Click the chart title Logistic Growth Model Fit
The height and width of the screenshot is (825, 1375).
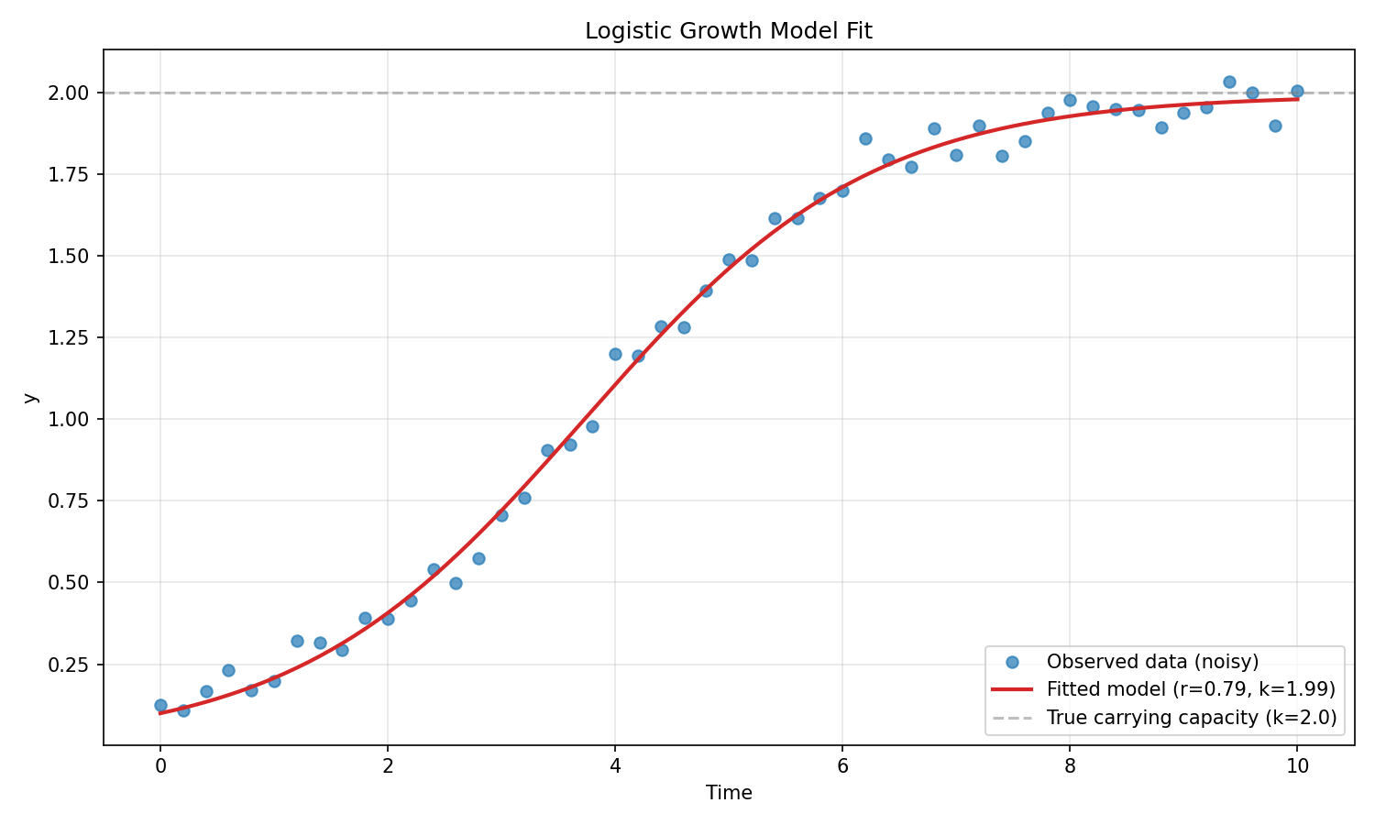point(729,31)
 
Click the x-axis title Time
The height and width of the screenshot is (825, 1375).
point(729,793)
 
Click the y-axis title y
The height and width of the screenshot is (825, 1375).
point(30,398)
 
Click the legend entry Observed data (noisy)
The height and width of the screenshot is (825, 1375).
point(1152,662)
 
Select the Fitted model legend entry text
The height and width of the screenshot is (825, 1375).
point(1190,689)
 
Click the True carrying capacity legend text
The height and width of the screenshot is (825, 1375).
point(1191,717)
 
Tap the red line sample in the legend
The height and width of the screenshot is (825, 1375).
point(1012,689)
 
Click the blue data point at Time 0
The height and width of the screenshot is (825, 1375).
point(160,705)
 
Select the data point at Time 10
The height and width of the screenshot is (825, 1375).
point(1297,91)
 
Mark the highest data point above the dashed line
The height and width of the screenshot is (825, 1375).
point(1229,82)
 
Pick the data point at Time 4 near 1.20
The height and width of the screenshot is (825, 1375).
point(615,354)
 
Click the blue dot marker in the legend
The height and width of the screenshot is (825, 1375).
point(1012,662)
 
